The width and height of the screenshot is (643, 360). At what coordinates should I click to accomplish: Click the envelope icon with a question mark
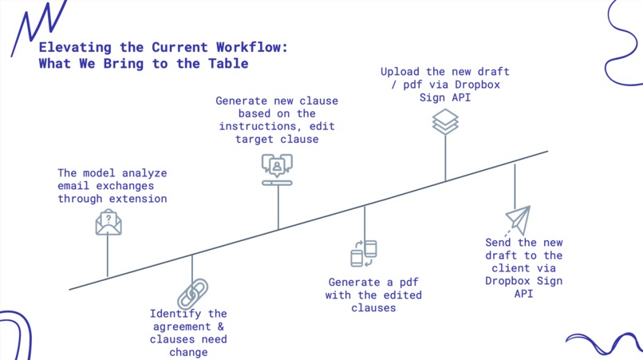(x=108, y=222)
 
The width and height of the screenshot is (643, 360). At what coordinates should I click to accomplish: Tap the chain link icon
(x=192, y=292)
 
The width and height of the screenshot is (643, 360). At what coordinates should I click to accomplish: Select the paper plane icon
(x=516, y=220)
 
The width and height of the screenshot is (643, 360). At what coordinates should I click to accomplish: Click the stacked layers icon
(x=445, y=122)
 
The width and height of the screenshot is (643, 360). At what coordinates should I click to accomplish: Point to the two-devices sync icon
(x=364, y=253)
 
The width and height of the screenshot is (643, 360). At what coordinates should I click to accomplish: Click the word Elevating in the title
(x=73, y=47)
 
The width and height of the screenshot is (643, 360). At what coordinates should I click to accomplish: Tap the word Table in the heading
(x=227, y=64)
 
